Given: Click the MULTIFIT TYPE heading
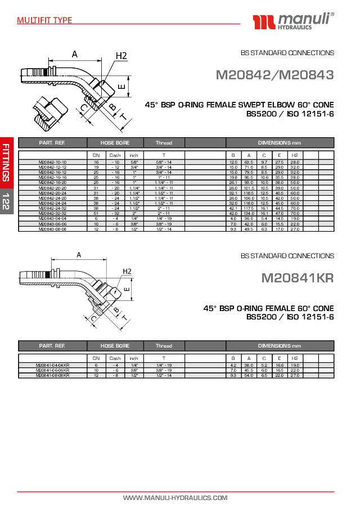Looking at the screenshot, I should [44, 20].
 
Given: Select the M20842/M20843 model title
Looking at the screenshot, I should [275, 75].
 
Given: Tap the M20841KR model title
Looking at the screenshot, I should [298, 278].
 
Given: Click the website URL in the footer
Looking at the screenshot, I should [175, 498].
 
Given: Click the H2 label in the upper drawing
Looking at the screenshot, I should [121, 55].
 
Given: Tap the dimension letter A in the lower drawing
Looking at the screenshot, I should [79, 255].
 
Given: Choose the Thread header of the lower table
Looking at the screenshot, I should [164, 346].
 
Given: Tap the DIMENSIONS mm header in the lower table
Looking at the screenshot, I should [280, 346].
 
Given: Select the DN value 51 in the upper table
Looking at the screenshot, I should [96, 213].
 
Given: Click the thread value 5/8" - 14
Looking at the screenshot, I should [164, 162].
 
